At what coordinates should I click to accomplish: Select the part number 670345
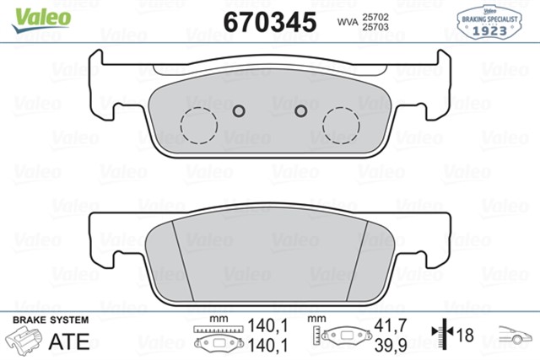tap(270, 20)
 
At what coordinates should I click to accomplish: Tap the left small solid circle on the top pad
tap(238, 110)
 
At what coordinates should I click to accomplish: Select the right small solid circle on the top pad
tap(300, 110)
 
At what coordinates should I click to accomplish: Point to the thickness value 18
tap(463, 334)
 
